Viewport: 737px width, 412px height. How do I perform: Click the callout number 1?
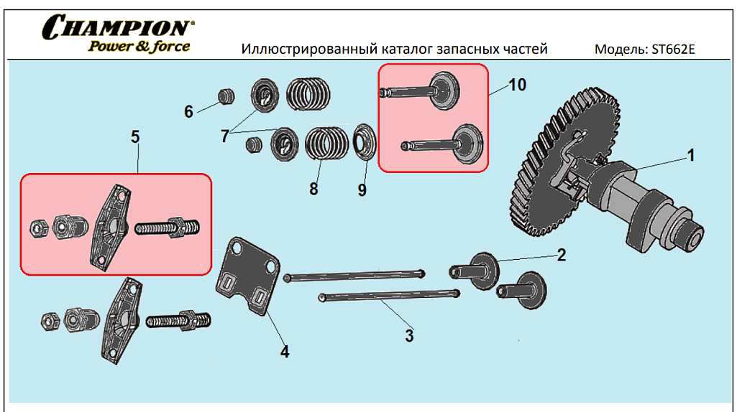coord(690,155)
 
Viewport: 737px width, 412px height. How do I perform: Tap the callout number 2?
coord(562,254)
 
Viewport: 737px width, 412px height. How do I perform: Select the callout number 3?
coord(409,335)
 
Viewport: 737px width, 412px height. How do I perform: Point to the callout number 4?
coord(285,352)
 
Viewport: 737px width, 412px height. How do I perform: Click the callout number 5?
coord(134,137)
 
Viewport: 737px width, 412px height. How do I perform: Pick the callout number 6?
coord(189,111)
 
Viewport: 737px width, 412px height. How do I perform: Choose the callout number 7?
coord(225,134)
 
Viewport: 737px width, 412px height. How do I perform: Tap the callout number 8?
coord(313,189)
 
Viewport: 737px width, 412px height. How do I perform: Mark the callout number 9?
coord(362,189)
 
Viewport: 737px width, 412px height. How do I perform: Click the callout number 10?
coord(517,85)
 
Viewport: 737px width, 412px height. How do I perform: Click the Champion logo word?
coord(117,28)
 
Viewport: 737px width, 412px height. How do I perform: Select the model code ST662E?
coord(672,50)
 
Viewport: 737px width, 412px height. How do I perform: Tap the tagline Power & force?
coord(139,47)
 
